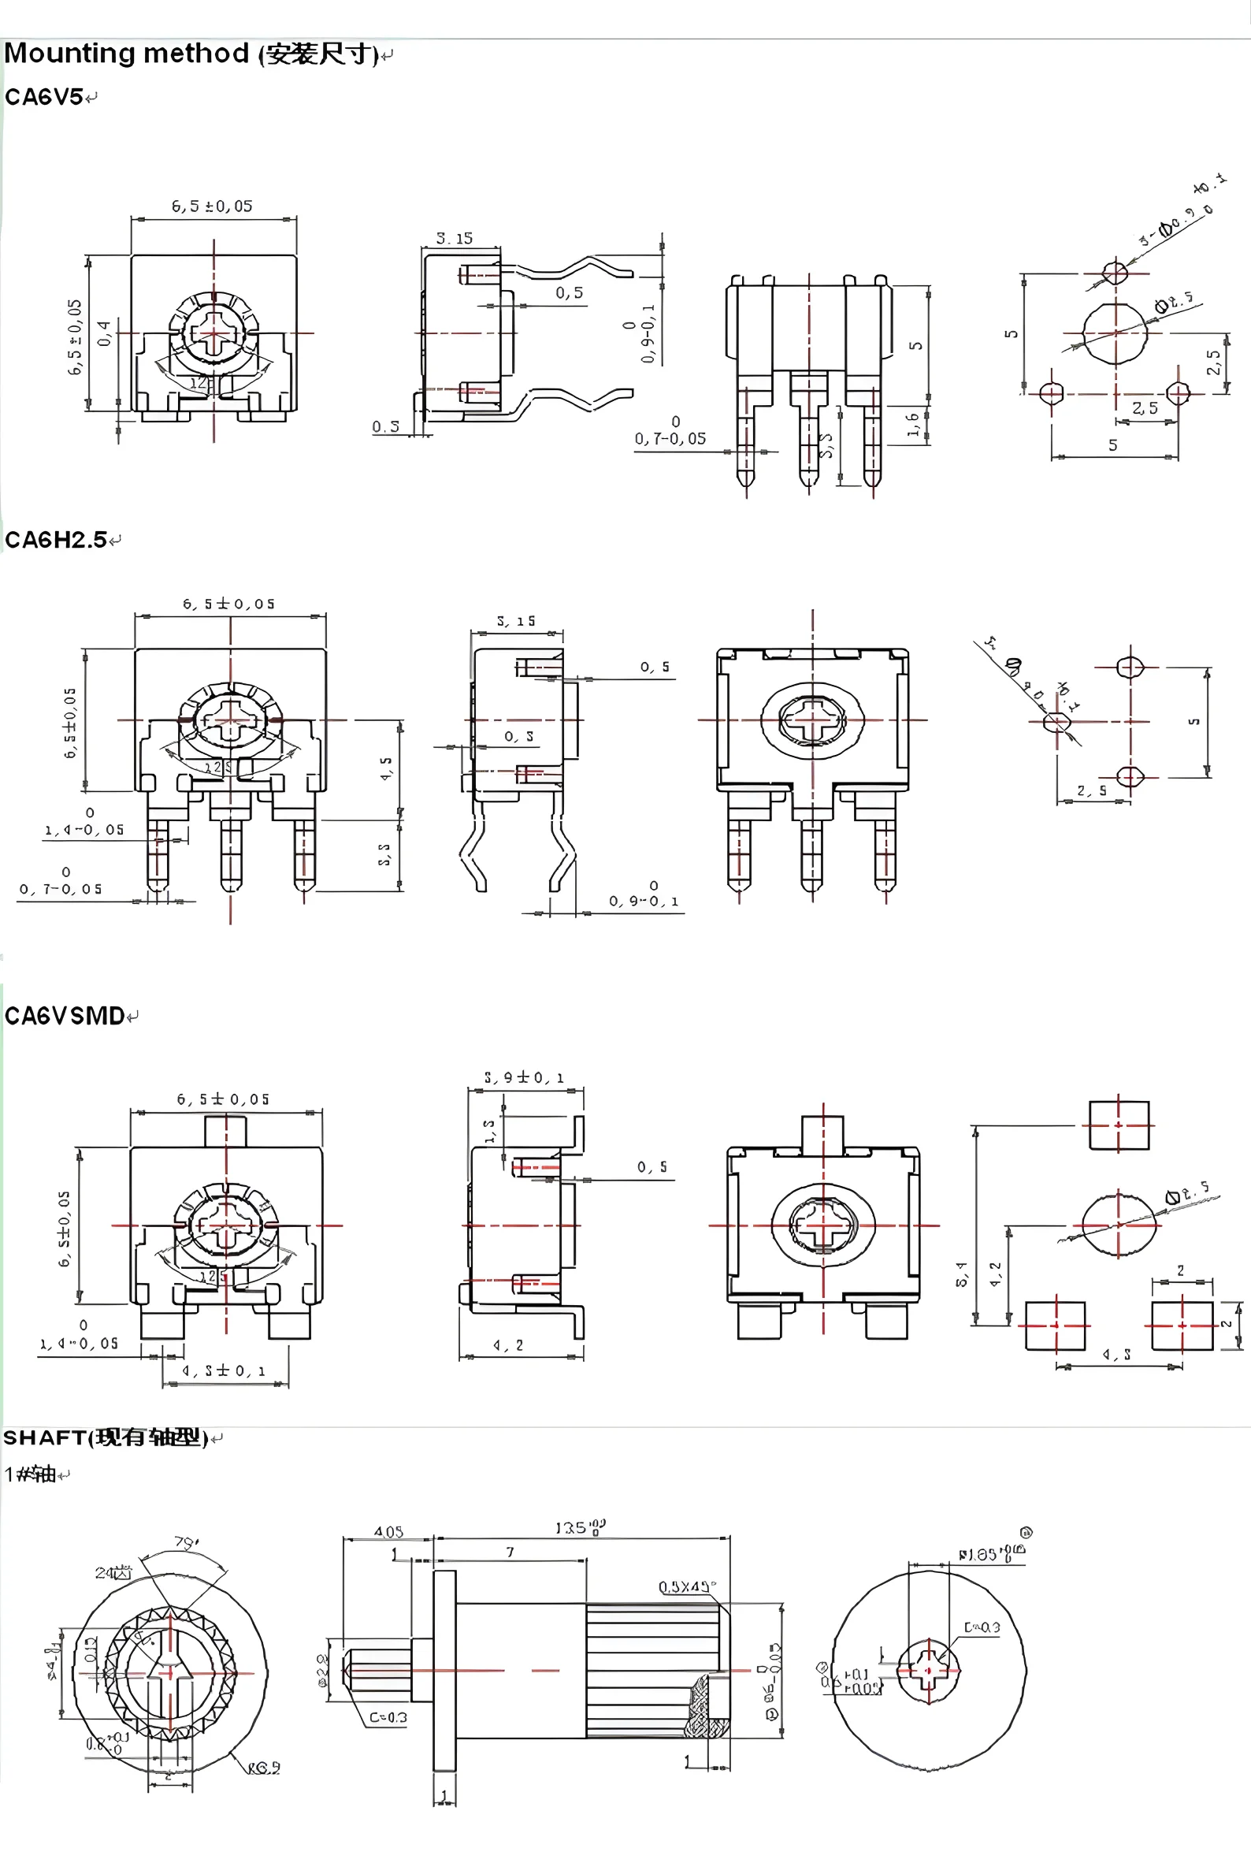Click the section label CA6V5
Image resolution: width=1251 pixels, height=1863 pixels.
click(x=44, y=98)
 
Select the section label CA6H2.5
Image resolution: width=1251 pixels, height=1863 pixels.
click(x=56, y=540)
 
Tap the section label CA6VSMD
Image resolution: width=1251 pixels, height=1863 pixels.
click(x=65, y=1016)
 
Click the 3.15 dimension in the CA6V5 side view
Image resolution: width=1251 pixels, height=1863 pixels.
click(x=454, y=238)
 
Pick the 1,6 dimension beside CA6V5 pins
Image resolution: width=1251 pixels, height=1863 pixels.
click(x=913, y=424)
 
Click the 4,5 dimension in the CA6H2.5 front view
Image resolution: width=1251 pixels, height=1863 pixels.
click(x=386, y=768)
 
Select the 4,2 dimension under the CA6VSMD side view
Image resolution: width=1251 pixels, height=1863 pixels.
click(x=508, y=1345)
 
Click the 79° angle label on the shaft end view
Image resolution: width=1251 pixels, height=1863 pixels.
click(x=187, y=1543)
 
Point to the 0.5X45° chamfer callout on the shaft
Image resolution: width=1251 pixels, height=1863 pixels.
click(x=687, y=1586)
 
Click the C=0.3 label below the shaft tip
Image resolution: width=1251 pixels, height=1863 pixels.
click(x=388, y=1717)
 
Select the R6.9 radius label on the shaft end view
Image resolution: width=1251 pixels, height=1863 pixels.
click(x=264, y=1768)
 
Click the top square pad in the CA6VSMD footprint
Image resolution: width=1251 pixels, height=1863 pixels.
click(x=1119, y=1125)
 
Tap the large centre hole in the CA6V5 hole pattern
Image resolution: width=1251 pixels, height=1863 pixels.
click(x=1116, y=333)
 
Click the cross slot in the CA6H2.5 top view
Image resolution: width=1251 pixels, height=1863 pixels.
click(x=812, y=720)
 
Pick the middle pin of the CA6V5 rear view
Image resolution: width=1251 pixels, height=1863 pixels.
click(x=809, y=431)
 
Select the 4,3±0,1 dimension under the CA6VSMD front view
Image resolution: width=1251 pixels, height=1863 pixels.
click(x=224, y=1370)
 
